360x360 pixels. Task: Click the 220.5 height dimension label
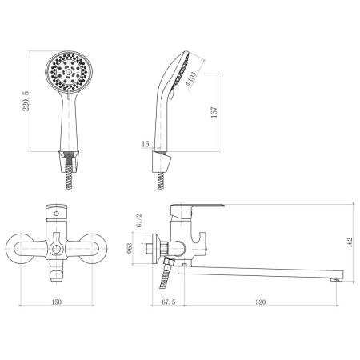pyautogui.click(x=26, y=101)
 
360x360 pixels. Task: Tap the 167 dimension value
pyautogui.click(x=214, y=112)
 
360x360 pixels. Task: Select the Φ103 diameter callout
pyautogui.click(x=191, y=77)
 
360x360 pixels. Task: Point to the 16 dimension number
pyautogui.click(x=146, y=144)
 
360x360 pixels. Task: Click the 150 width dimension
pyautogui.click(x=56, y=302)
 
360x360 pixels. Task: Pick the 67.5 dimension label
pyautogui.click(x=169, y=302)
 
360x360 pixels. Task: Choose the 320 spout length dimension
pyautogui.click(x=261, y=302)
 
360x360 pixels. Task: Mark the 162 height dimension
pyautogui.click(x=350, y=242)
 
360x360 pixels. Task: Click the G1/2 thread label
pyautogui.click(x=139, y=220)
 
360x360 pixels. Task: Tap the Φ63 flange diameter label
pyautogui.click(x=130, y=248)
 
